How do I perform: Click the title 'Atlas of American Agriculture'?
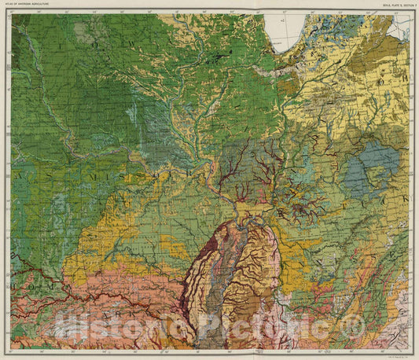[x=31, y=9]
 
